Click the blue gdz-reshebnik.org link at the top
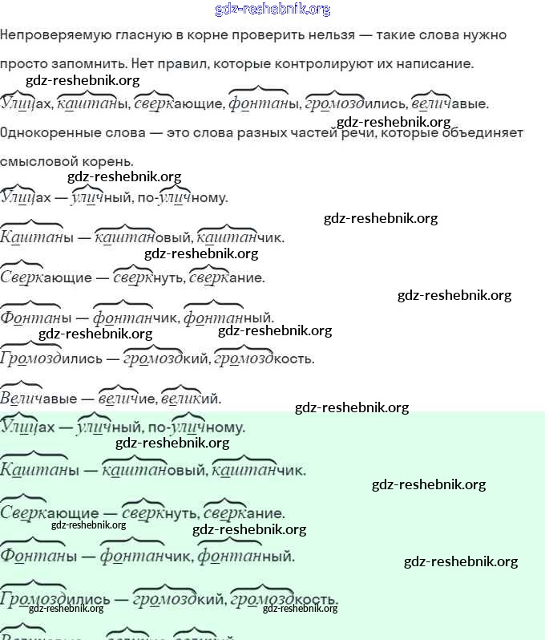[272, 10]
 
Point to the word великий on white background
[191, 399]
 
